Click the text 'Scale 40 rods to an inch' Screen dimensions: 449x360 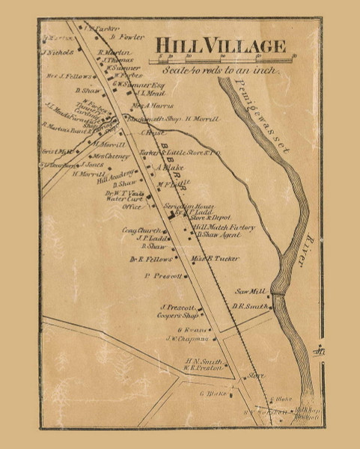point(219,70)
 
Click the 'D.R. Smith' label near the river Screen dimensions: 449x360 point(249,306)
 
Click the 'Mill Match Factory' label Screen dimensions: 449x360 point(223,227)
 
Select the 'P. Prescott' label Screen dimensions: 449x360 point(162,276)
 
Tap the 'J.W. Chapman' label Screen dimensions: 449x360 point(185,338)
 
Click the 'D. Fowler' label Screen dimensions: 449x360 point(126,36)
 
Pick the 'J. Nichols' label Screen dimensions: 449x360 point(58,53)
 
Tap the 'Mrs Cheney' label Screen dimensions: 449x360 point(111,156)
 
